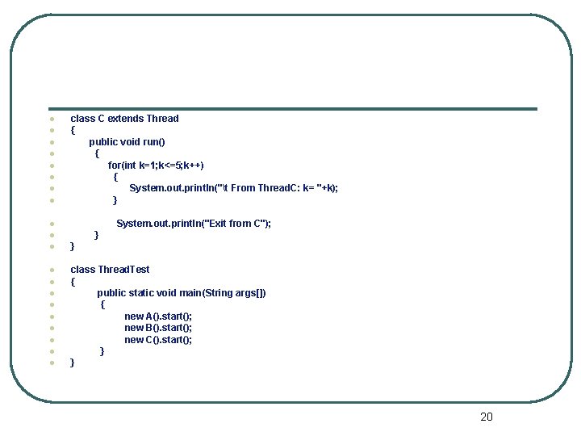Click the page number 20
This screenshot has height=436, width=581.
[486, 417]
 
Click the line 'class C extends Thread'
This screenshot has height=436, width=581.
[124, 119]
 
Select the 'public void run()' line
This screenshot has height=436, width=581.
[127, 142]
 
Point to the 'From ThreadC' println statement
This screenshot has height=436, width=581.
[233, 188]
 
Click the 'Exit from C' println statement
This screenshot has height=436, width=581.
[194, 224]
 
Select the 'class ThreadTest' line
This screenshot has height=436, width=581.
[110, 270]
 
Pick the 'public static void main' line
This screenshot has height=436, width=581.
[182, 293]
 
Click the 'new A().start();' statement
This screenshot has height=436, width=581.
[158, 317]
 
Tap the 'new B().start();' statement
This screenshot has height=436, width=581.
[158, 328]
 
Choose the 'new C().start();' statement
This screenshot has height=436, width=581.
[158, 340]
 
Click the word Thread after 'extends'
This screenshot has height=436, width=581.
[162, 119]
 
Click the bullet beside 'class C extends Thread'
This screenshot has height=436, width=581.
[51, 119]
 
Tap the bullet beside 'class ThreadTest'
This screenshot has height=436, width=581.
[51, 270]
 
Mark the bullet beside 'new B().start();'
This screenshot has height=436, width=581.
[51, 328]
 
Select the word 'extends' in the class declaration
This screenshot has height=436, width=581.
[125, 119]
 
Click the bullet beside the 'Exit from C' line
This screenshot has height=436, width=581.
[51, 224]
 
